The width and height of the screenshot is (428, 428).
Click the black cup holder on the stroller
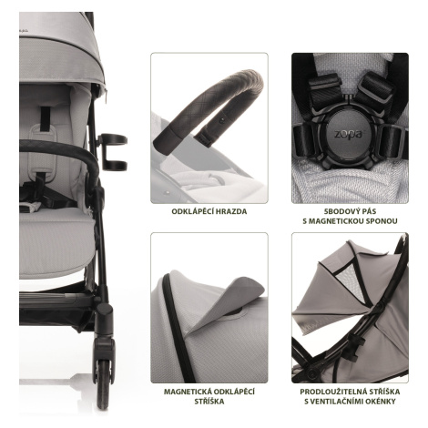coord(113,152)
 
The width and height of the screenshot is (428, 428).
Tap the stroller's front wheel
coord(103,383)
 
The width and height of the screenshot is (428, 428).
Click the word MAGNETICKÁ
coord(187,392)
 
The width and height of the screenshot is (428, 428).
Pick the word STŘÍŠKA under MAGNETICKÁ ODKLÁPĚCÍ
coord(209,402)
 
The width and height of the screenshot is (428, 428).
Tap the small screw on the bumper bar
coord(221,120)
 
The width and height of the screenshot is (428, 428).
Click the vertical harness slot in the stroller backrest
coord(46,119)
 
